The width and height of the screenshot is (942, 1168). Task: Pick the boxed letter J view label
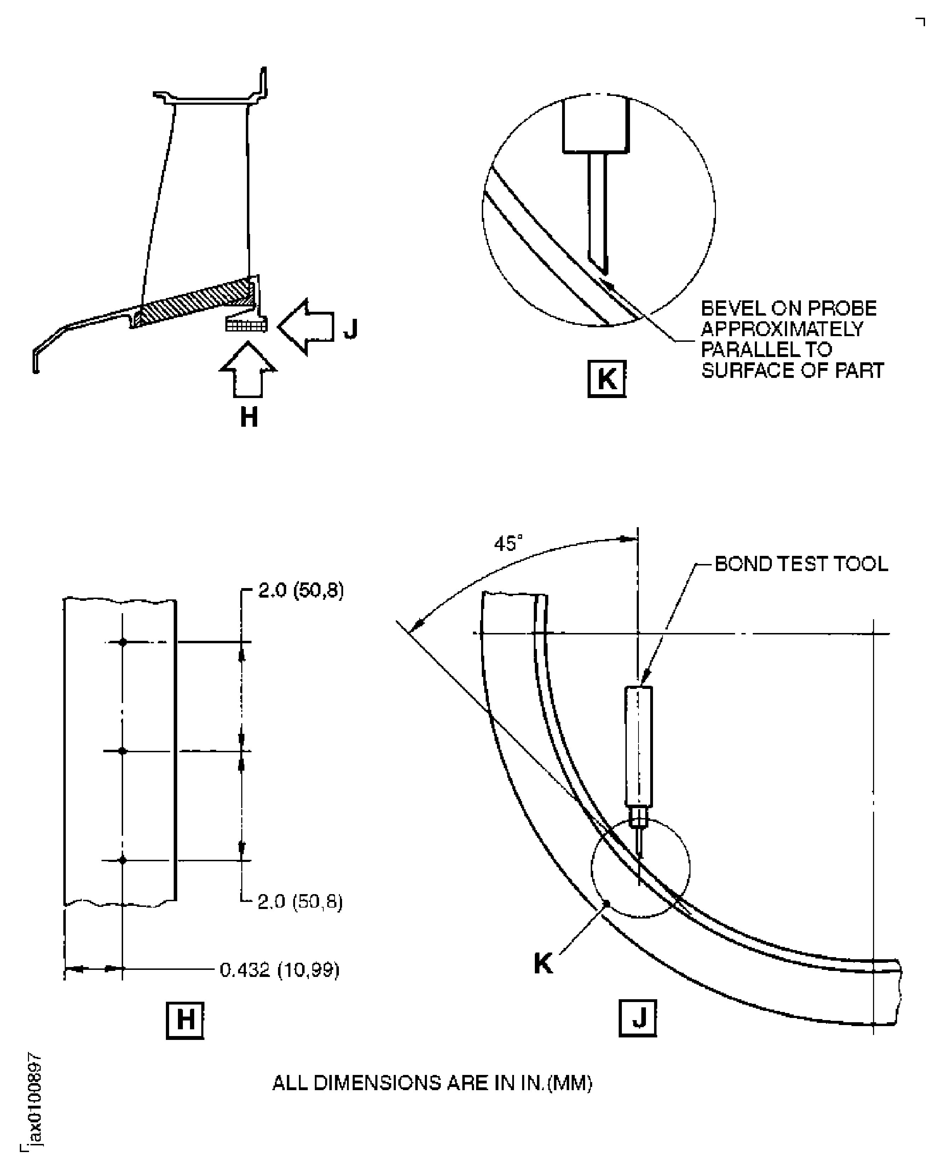[x=637, y=1018]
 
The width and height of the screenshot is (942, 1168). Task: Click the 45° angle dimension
[x=508, y=543]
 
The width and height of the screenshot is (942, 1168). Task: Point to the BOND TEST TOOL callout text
[x=801, y=564]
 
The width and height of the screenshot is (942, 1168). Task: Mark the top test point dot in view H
[x=123, y=642]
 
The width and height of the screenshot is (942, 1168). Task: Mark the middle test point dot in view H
[x=123, y=751]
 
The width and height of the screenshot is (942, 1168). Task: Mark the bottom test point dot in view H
[x=123, y=860]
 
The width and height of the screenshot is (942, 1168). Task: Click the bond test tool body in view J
[x=639, y=746]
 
